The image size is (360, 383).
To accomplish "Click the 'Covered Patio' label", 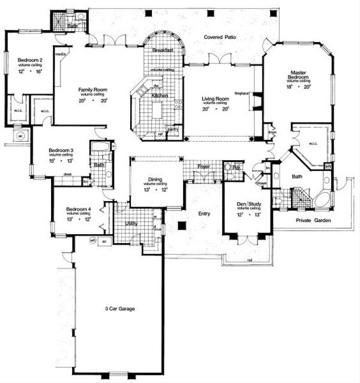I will click(x=219, y=37).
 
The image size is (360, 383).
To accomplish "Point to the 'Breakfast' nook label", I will click(x=163, y=50).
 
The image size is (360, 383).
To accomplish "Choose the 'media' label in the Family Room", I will click(x=60, y=53).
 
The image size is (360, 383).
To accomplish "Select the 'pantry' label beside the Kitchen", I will click(x=173, y=128).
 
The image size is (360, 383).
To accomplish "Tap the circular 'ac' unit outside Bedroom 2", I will click(x=18, y=136).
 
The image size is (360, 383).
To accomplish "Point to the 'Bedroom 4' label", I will click(x=79, y=209).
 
